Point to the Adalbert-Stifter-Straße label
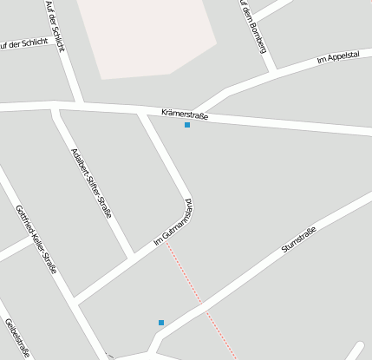coord(92,183)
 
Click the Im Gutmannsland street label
coord(173,223)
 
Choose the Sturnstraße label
coord(299,239)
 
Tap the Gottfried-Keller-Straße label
coord(36,239)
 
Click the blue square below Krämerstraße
coord(187,125)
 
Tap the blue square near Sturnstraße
coord(161,323)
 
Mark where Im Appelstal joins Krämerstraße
coord(198,111)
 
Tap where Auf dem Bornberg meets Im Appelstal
coord(274,69)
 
